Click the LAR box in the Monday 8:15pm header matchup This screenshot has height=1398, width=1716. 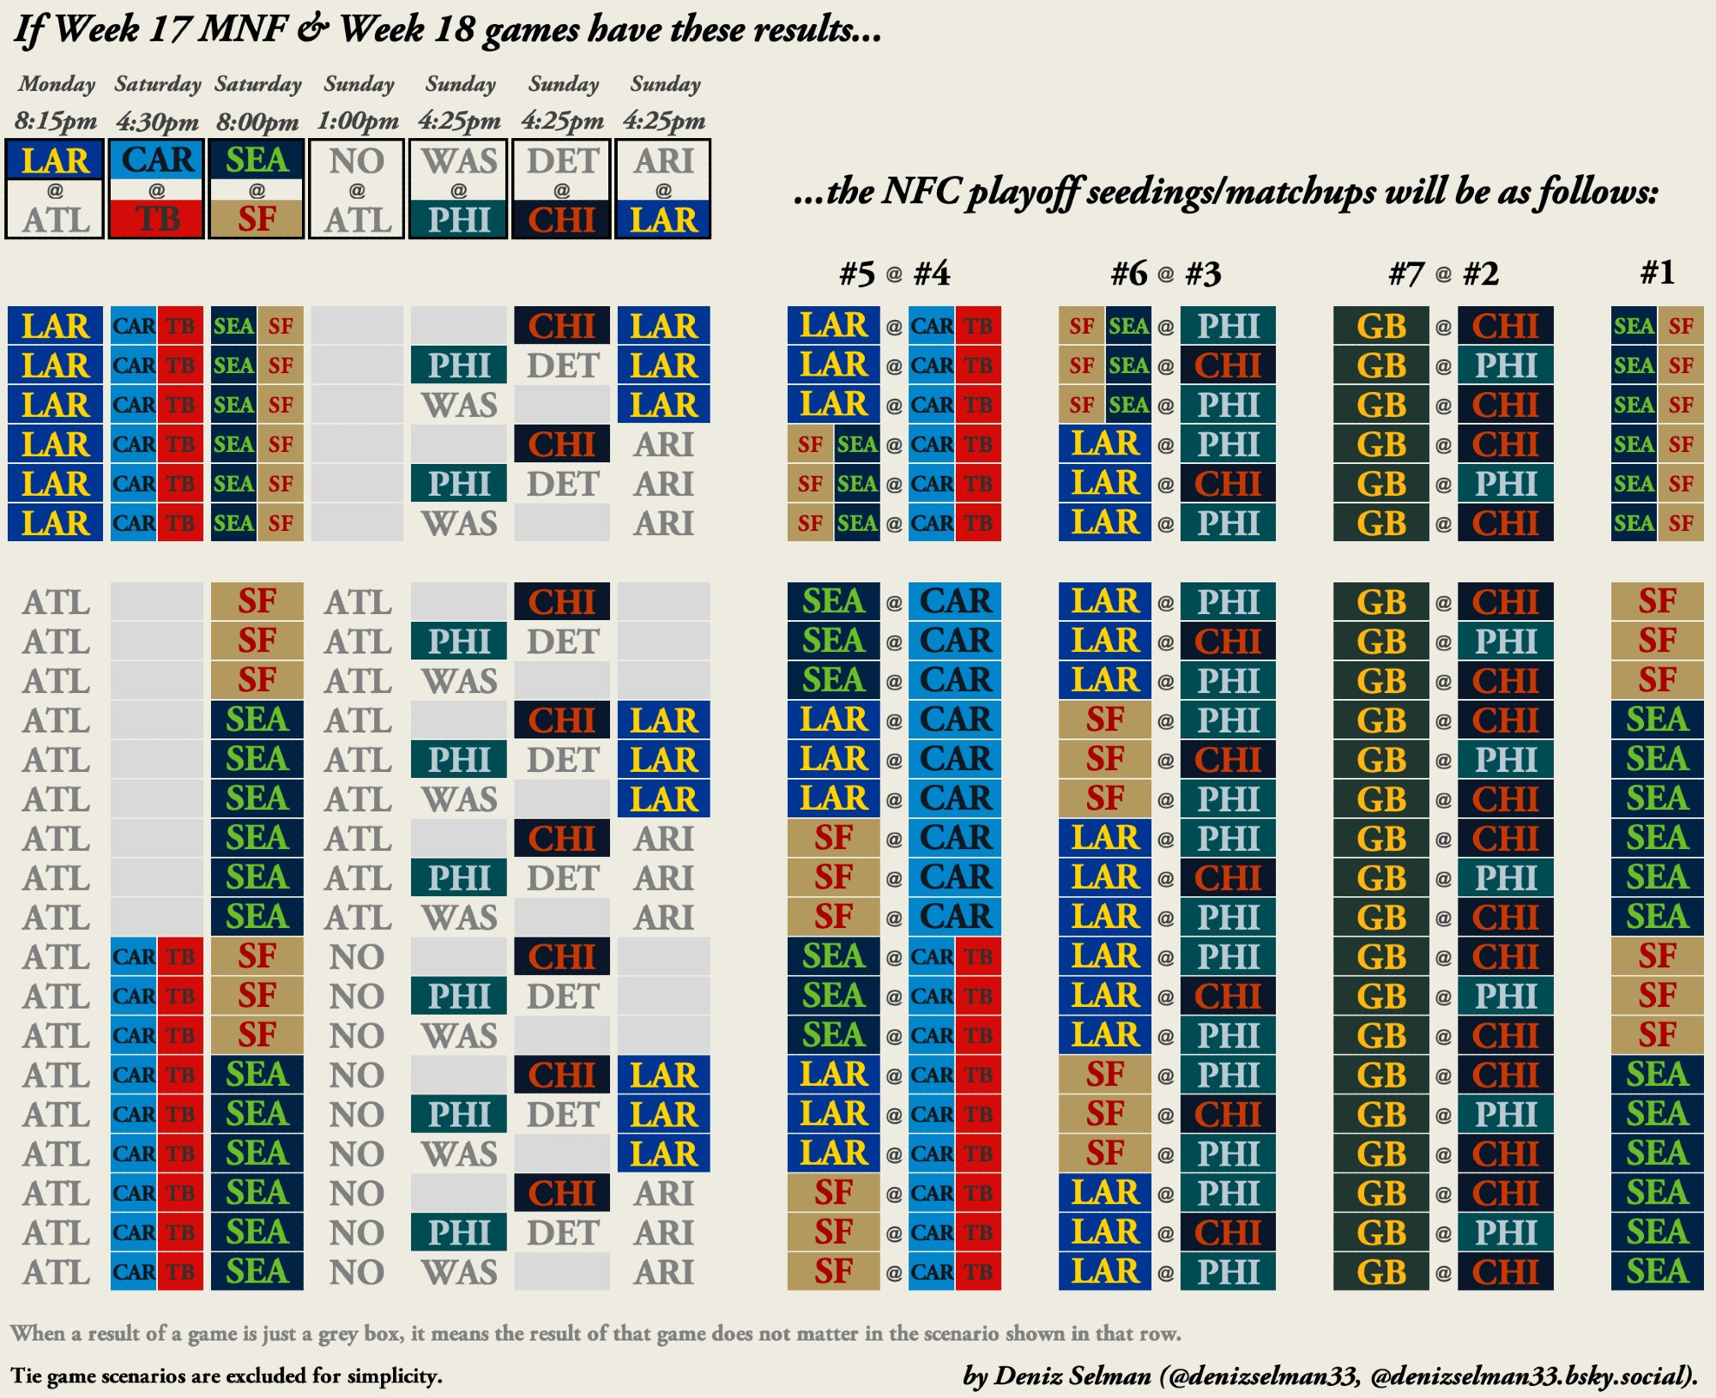[x=55, y=160]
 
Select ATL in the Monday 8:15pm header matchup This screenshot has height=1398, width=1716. [x=55, y=220]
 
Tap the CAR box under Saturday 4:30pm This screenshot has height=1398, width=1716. [x=157, y=160]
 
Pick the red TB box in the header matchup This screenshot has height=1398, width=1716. [x=157, y=219]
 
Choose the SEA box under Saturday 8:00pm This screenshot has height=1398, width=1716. [x=257, y=160]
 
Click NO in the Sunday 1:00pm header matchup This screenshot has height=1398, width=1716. [x=357, y=160]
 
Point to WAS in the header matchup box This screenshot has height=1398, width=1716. [x=459, y=160]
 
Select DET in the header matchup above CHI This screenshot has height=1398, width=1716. [x=562, y=160]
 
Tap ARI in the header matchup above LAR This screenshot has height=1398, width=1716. [x=663, y=160]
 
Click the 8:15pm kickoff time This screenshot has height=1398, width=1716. [x=56, y=121]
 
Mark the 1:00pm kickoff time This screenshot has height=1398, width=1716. [x=358, y=121]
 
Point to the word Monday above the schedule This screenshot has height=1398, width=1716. [x=57, y=84]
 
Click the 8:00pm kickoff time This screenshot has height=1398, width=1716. [x=257, y=121]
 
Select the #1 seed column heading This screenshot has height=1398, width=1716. [x=1657, y=273]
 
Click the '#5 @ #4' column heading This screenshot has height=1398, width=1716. [x=894, y=274]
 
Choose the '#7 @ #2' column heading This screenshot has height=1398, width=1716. [x=1443, y=274]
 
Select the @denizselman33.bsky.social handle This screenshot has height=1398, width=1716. [x=1531, y=1376]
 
